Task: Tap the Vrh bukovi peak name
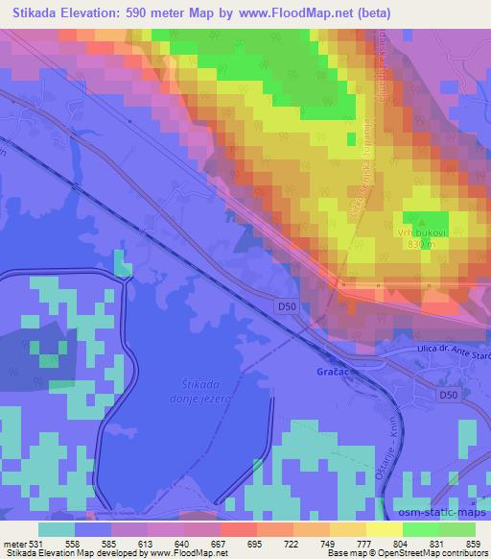(417, 232)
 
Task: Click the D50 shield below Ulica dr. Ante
(446, 395)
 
